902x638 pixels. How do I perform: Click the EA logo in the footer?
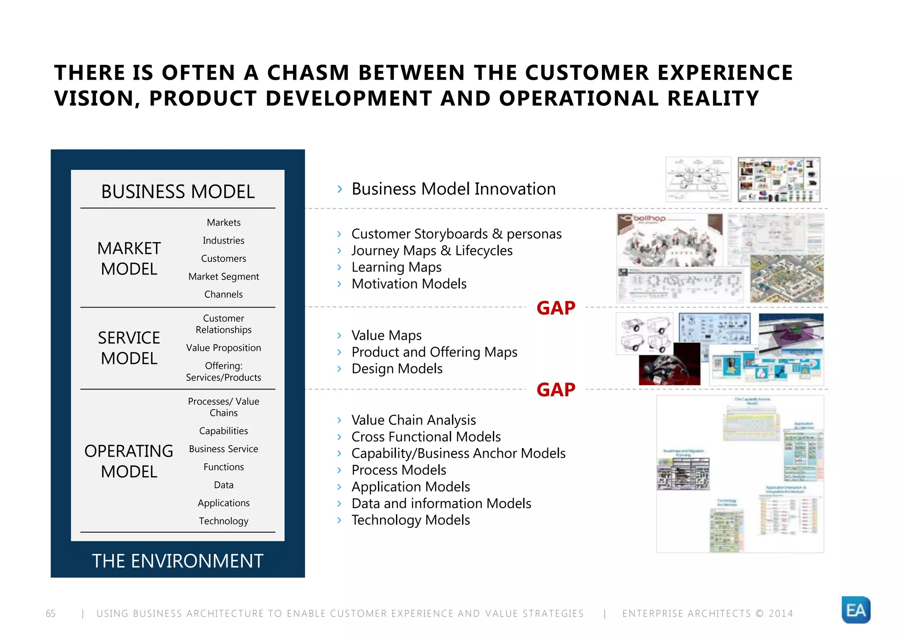tap(856, 610)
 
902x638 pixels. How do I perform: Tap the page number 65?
tap(51, 613)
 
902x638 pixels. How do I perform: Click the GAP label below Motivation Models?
tap(556, 308)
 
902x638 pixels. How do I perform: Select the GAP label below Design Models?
tap(556, 390)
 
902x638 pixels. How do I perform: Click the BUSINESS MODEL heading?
tap(178, 192)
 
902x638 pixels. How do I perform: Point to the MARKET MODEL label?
tap(129, 259)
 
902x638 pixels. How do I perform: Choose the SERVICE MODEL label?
tap(129, 348)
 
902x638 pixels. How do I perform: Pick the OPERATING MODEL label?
tap(129, 461)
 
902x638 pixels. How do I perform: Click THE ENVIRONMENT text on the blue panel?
tap(177, 561)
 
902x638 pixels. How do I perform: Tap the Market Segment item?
tap(224, 277)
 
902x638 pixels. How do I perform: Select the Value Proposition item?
tap(224, 348)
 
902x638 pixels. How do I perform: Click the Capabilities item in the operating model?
tap(224, 431)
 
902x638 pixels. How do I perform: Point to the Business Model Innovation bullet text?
tap(453, 189)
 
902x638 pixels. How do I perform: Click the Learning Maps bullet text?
tap(396, 267)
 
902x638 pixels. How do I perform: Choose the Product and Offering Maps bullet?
tap(434, 352)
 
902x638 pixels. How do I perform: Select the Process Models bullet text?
tap(399, 470)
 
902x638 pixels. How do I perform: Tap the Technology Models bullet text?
tap(410, 520)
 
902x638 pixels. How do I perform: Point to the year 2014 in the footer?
tap(781, 613)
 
